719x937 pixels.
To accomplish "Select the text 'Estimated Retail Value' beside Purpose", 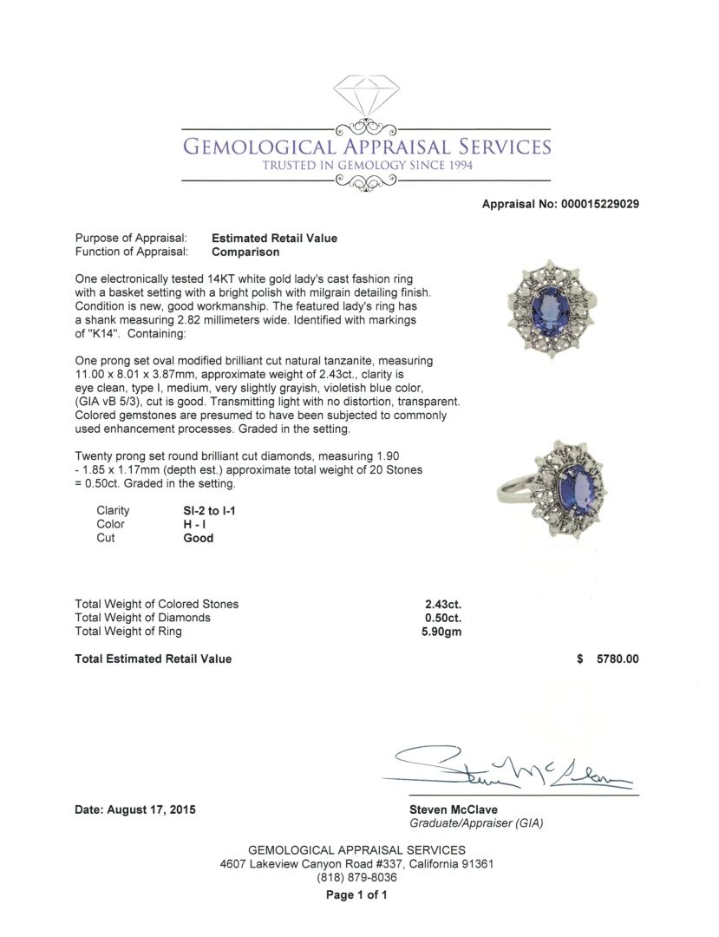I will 274,239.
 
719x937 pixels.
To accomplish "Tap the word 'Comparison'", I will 245,252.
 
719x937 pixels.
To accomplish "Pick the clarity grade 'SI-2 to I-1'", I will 205,511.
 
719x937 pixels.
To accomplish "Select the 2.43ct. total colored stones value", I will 442,604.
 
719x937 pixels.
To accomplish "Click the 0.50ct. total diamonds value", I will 442,618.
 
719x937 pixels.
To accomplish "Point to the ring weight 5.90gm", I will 441,632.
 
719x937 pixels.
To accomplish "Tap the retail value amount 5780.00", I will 618,659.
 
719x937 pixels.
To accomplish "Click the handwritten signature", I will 512,765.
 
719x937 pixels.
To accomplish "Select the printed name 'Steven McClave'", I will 453,809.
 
